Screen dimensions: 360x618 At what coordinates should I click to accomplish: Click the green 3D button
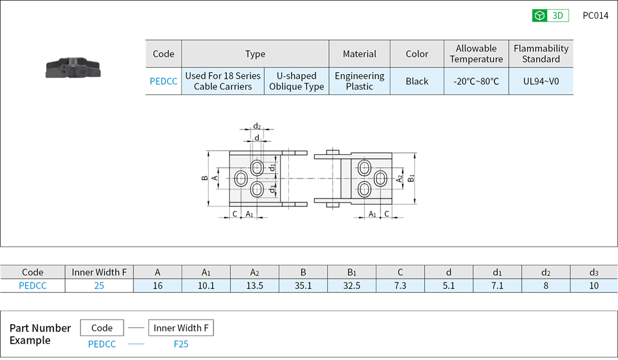pos(550,16)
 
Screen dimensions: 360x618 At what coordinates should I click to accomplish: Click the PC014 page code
pos(595,16)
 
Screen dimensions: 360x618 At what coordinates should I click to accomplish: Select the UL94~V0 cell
pos(541,81)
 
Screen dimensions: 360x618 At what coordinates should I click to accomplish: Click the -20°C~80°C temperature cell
pos(476,81)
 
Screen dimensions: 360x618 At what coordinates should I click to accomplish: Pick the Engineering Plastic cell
pos(359,81)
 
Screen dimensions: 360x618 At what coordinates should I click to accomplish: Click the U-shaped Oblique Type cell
pos(296,81)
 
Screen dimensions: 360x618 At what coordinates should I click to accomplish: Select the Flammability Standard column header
pos(541,53)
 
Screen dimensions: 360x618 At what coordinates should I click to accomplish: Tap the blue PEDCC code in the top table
pos(163,81)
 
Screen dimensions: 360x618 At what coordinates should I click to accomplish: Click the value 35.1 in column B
pos(303,286)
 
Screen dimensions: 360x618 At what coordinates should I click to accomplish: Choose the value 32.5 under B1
pos(352,286)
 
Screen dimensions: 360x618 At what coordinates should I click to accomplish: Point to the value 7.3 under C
pos(400,286)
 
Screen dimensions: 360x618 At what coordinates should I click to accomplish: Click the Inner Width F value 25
pos(99,286)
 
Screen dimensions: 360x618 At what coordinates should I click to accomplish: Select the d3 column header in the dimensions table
pos(593,272)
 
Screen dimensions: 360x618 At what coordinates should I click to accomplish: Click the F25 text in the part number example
pos(181,344)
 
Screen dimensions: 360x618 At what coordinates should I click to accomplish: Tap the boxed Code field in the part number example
pos(102,328)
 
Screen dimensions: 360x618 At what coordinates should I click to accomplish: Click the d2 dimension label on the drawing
pos(257,126)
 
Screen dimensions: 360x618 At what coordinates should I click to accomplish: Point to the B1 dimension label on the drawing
pos(411,178)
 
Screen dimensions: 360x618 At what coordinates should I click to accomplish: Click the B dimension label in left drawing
pos(204,178)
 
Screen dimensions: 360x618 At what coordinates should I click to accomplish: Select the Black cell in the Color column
pos(417,81)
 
